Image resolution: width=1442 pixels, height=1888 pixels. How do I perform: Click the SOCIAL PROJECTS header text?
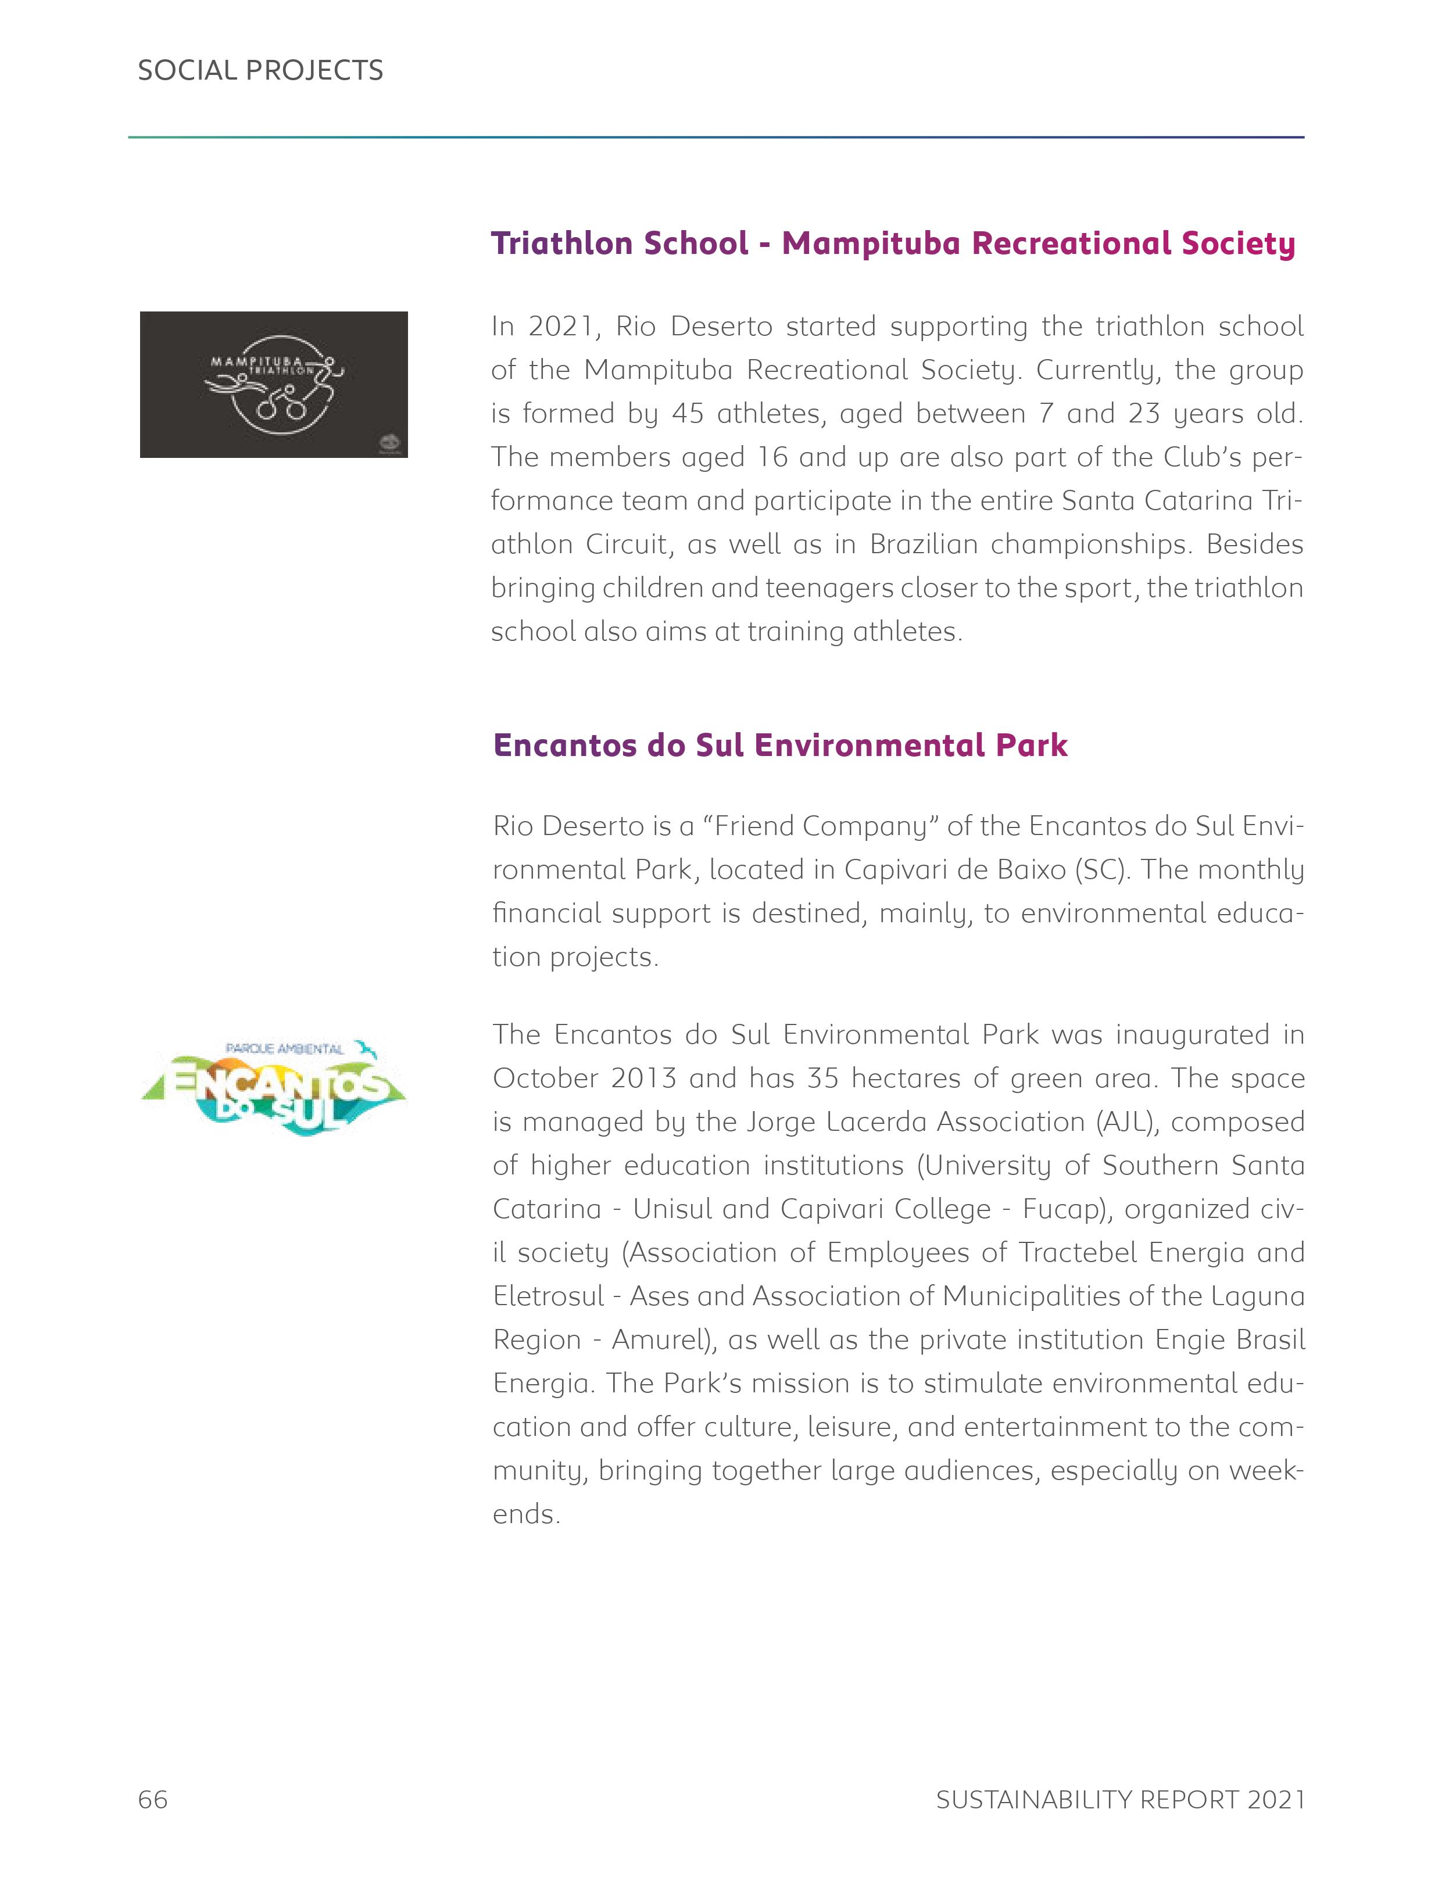point(260,70)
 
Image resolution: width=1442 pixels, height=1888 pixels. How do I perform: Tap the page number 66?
point(153,1799)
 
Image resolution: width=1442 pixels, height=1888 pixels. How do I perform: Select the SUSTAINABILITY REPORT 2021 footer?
point(1120,1799)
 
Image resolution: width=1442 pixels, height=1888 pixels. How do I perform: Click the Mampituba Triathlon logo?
point(274,385)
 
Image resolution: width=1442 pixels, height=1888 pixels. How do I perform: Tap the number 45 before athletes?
point(688,414)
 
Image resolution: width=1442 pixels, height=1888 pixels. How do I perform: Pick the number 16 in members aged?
point(772,457)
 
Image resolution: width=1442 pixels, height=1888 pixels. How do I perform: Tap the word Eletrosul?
point(549,1296)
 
